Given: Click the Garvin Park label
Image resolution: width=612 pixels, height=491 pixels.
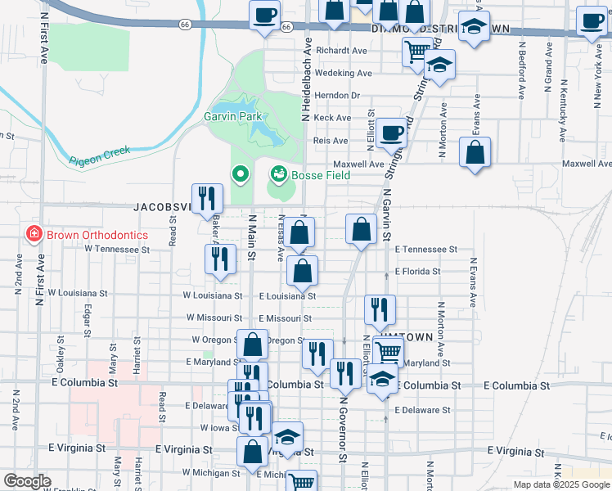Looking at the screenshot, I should coord(232,116).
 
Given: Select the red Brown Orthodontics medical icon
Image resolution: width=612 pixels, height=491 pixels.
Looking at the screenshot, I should coord(34,235).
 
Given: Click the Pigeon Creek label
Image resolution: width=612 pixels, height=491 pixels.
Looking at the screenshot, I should coord(100,155).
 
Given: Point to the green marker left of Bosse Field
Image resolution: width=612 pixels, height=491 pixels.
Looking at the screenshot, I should coord(240,173).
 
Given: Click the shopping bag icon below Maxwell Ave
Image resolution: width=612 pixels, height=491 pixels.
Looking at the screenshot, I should coord(475,152).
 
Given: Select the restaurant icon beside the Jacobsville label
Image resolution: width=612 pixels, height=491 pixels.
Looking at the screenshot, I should coord(207,197).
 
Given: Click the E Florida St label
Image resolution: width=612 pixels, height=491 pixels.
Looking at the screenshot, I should coord(417,271).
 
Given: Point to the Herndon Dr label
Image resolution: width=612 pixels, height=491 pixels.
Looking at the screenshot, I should coord(343,96).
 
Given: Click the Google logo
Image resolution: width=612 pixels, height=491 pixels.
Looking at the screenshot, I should coord(27,481).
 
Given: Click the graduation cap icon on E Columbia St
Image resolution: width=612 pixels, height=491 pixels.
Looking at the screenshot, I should coord(380,379).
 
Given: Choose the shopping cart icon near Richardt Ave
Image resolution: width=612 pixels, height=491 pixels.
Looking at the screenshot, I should coord(417,52).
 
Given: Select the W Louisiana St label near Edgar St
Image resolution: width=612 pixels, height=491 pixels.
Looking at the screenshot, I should coord(77,292).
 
